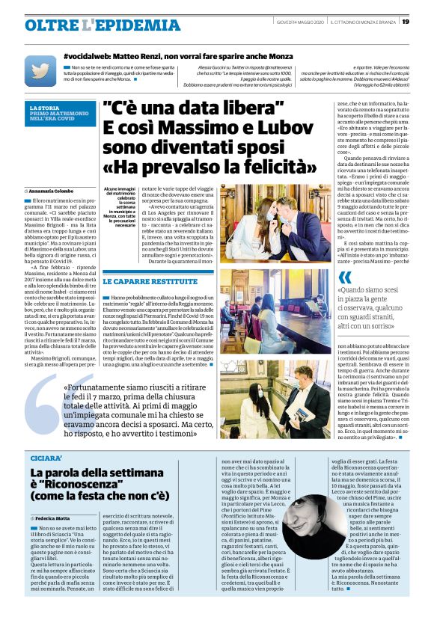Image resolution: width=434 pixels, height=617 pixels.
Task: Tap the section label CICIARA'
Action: click(x=47, y=456)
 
